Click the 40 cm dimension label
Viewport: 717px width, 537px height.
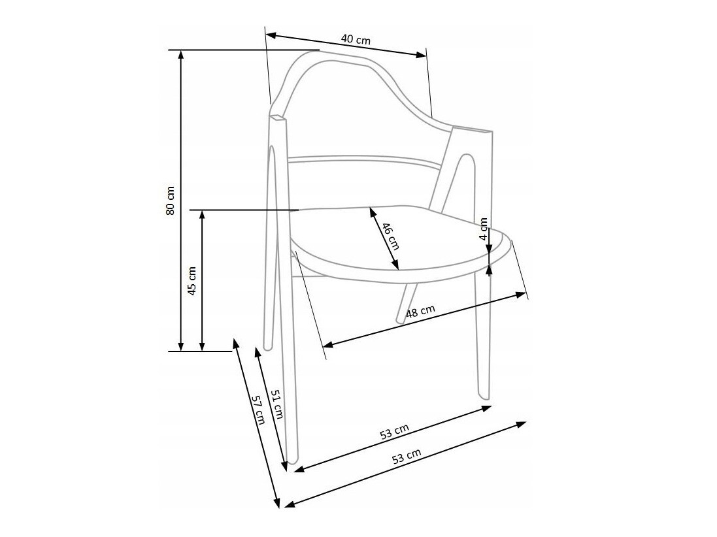[x=355, y=39]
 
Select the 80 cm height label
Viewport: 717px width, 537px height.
[x=171, y=201]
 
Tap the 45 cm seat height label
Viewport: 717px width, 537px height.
[x=192, y=280]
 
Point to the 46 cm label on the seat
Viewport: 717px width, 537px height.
[x=390, y=236]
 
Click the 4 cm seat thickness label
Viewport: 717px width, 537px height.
[x=484, y=229]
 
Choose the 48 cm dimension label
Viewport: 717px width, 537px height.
[x=420, y=312]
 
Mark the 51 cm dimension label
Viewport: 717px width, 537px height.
[x=277, y=404]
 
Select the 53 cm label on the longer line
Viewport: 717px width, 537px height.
[x=406, y=457]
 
